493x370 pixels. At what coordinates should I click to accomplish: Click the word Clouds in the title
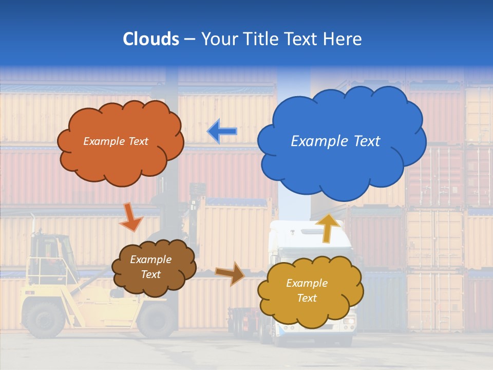151,39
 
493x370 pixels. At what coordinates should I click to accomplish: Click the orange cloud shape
121,159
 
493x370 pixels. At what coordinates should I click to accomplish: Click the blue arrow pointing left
222,132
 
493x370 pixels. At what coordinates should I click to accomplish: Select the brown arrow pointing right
230,273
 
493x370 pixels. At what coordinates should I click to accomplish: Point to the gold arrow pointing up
327,228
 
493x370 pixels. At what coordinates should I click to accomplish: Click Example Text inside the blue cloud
335,141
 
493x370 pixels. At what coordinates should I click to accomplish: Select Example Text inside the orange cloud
116,141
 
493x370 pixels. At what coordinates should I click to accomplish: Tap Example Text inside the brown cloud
150,267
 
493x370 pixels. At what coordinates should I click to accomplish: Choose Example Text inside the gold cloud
307,290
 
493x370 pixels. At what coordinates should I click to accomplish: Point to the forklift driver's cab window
51,252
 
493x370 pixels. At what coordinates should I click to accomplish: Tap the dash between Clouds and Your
190,40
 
